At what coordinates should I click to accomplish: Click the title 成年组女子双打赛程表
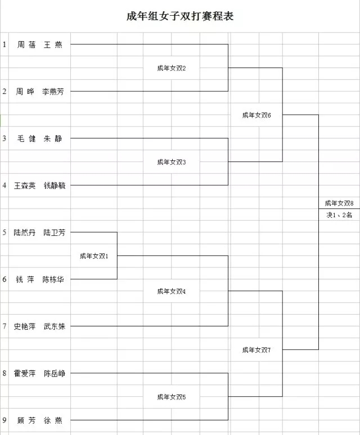click(x=180, y=16)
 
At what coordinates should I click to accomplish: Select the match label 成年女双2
click(x=172, y=68)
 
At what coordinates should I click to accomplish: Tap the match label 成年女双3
click(x=172, y=162)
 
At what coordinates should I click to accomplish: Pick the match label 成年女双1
click(x=94, y=256)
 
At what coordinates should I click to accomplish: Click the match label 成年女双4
click(x=172, y=292)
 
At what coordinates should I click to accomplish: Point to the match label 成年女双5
click(x=172, y=397)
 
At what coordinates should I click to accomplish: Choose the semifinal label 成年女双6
click(x=256, y=115)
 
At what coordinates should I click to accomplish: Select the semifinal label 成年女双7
click(x=256, y=350)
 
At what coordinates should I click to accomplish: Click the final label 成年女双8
click(x=339, y=203)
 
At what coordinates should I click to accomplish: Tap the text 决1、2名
click(x=339, y=215)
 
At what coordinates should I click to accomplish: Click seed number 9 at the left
click(x=4, y=420)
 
